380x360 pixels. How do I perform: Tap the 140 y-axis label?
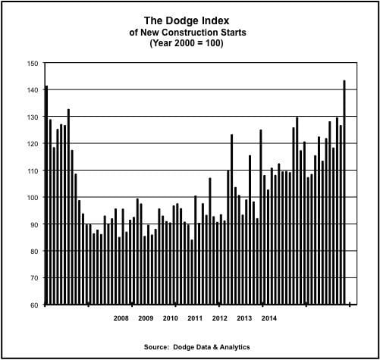point(31,90)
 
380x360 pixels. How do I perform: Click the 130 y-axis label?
point(31,117)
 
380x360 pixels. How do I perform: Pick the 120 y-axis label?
point(31,144)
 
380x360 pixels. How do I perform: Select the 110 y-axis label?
point(31,171)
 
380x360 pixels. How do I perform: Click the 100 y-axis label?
point(31,198)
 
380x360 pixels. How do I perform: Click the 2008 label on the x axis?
point(121,318)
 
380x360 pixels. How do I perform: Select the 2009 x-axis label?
point(146,318)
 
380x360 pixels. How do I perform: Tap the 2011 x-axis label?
point(195,318)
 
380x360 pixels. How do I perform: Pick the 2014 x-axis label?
point(269,318)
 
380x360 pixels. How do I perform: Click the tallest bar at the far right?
point(344,189)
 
